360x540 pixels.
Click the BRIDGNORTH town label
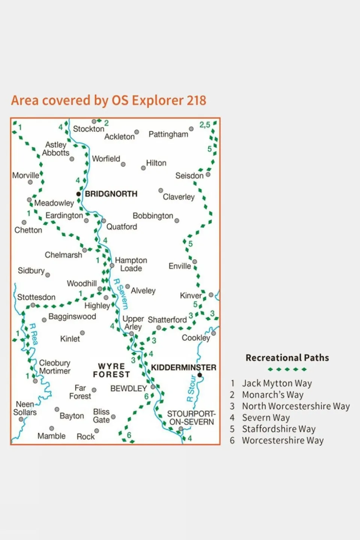pyautogui.click(x=111, y=194)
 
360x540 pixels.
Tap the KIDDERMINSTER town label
pyautogui.click(x=184, y=367)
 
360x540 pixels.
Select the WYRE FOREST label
pyautogui.click(x=111, y=370)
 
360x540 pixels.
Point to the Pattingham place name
pyautogui.click(x=168, y=134)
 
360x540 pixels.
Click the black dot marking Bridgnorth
pyautogui.click(x=78, y=194)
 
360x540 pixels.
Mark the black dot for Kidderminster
pyautogui.click(x=200, y=375)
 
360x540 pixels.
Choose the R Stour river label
pyautogui.click(x=191, y=388)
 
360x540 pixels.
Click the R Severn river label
pyautogui.click(x=121, y=294)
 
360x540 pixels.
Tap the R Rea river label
pyautogui.click(x=33, y=334)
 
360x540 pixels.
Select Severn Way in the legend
pyautogui.click(x=266, y=418)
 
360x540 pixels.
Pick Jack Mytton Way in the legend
pyautogui.click(x=277, y=384)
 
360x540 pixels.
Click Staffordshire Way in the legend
pyautogui.click(x=279, y=429)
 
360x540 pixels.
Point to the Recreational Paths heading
pyautogui.click(x=287, y=358)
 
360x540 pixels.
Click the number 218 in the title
pyautogui.click(x=196, y=101)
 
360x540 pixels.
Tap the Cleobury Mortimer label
pyautogui.click(x=55, y=367)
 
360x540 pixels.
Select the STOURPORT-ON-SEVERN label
pyautogui.click(x=191, y=418)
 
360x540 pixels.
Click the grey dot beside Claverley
pyautogui.click(x=161, y=191)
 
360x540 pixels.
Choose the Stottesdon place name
pyautogui.click(x=36, y=297)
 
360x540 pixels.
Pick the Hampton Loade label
pyautogui.click(x=131, y=264)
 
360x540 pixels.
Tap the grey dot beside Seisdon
pyautogui.click(x=208, y=174)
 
